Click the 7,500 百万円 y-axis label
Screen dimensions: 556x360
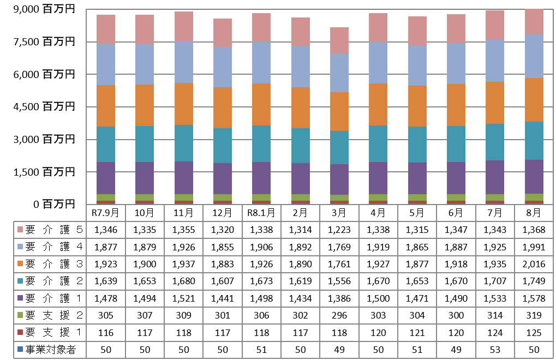point(44,41)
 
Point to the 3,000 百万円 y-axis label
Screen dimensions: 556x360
point(44,139)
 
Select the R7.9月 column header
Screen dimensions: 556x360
point(106,213)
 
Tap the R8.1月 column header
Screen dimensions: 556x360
point(261,213)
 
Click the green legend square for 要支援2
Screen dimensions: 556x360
point(20,315)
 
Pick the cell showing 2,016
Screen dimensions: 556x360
point(534,264)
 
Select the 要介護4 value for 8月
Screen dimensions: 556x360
point(534,247)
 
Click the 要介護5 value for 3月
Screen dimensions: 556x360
point(339,230)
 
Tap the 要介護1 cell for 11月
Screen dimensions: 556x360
point(184,298)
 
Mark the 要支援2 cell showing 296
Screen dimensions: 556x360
point(339,315)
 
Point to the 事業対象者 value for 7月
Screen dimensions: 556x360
point(495,350)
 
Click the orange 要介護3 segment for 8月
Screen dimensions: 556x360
point(534,100)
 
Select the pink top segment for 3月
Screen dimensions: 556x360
point(339,41)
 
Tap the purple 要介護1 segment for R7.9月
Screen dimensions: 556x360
point(106,178)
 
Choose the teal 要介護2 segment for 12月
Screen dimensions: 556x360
point(223,146)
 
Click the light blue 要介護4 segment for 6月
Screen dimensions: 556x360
point(456,64)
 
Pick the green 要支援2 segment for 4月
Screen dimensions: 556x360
point(378,197)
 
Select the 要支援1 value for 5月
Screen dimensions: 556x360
point(417,333)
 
